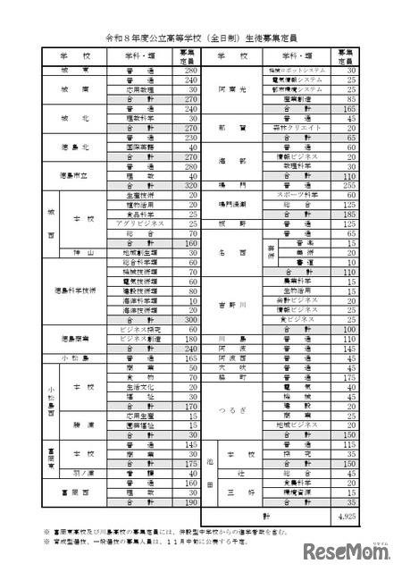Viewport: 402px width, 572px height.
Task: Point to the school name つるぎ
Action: [x=231, y=408]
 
